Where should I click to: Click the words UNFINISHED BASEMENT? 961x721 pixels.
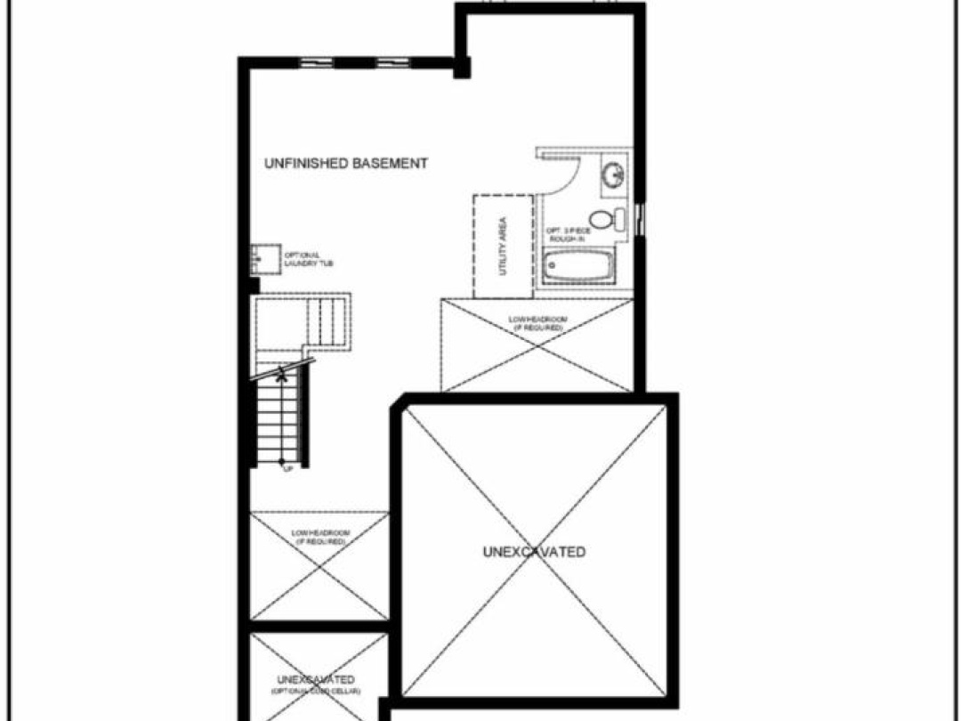[346, 164]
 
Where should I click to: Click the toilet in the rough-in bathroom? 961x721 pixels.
[605, 218]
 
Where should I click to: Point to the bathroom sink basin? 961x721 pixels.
[613, 174]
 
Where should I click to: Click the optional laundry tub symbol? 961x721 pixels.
[261, 259]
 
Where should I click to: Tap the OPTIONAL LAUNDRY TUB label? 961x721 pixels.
[309, 259]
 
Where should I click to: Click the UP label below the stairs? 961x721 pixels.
[287, 469]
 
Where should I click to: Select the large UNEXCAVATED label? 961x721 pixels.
[534, 552]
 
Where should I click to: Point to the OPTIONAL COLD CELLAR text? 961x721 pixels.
[316, 692]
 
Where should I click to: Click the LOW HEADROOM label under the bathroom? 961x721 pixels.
[537, 323]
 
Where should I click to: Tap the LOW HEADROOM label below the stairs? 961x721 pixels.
[320, 537]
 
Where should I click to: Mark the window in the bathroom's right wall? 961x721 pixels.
[641, 217]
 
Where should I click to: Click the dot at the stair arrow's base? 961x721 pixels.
[281, 460]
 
